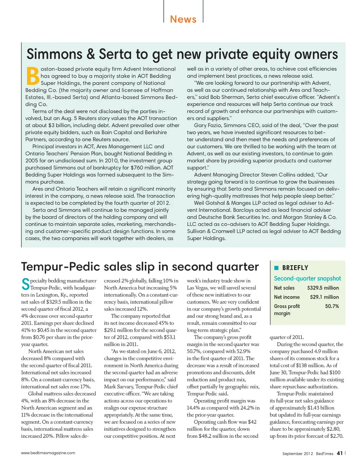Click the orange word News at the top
[x=183, y=19]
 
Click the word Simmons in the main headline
[x=55, y=54]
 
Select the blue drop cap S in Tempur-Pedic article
[x=25, y=284]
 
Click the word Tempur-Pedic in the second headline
[x=60, y=266]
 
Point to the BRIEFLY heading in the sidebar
[x=295, y=268]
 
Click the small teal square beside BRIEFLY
[x=276, y=268]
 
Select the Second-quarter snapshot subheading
[x=307, y=278]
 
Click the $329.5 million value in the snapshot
[x=323, y=288]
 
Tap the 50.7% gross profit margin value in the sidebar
[x=332, y=306]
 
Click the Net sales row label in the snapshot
[x=284, y=288]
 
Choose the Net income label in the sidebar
[x=287, y=297]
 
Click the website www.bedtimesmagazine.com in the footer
[x=48, y=453]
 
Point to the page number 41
[x=339, y=453]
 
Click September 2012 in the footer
[x=297, y=454]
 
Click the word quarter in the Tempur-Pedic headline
[x=236, y=266]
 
